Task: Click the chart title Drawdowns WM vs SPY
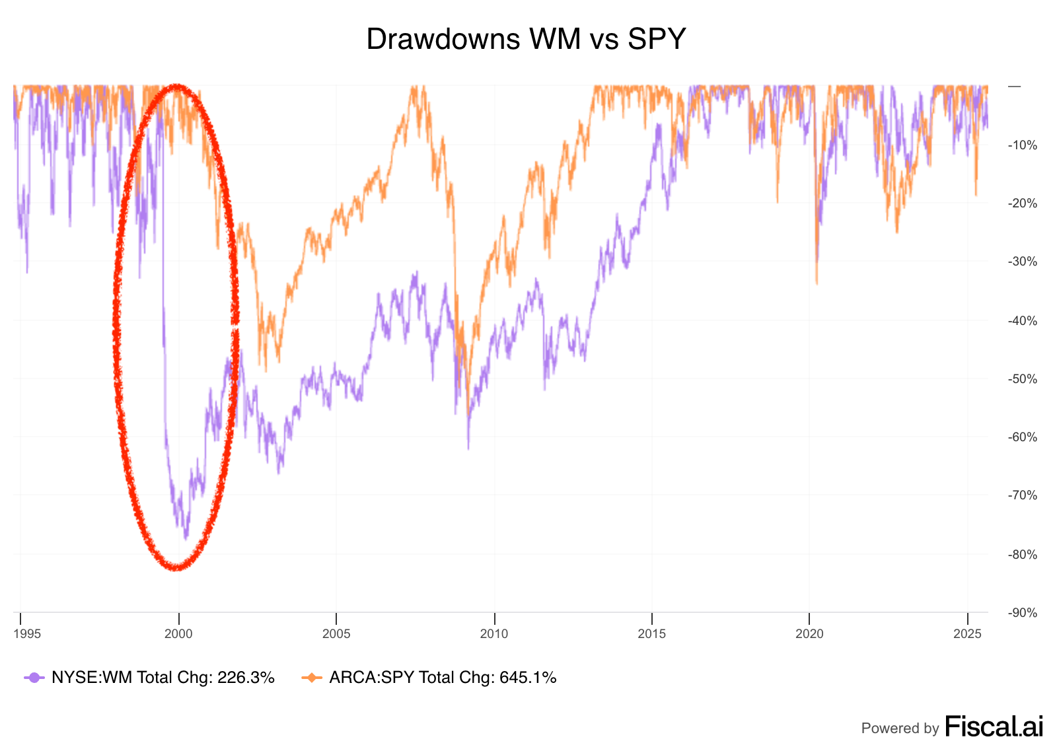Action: (x=526, y=40)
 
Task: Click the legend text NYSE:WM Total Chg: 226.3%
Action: (x=163, y=678)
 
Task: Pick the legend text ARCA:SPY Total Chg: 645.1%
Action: (x=443, y=678)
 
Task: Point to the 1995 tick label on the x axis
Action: (x=27, y=634)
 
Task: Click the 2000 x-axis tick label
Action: (x=178, y=634)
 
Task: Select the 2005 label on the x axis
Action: (x=336, y=634)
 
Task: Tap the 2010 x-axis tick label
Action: (x=494, y=634)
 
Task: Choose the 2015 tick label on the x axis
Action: (x=652, y=634)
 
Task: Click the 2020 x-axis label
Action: (x=809, y=634)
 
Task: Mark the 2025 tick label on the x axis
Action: (x=967, y=634)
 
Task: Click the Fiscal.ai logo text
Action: (x=994, y=727)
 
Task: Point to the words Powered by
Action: (x=900, y=729)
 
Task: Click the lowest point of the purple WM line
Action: (x=186, y=539)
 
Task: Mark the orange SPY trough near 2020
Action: (x=817, y=284)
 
